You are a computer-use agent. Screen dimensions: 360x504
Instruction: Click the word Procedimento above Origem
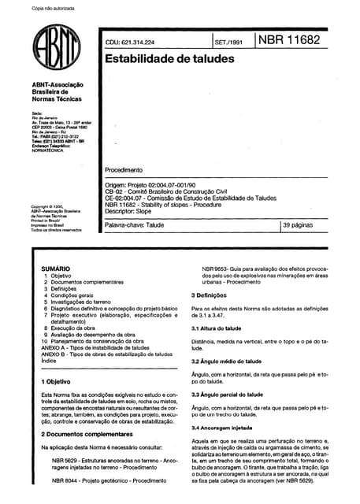(x=124, y=170)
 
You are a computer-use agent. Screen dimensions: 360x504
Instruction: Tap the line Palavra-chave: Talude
(x=135, y=226)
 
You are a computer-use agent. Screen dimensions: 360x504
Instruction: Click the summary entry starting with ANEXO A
(x=92, y=348)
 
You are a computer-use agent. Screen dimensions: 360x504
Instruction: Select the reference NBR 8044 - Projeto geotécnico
(x=103, y=480)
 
